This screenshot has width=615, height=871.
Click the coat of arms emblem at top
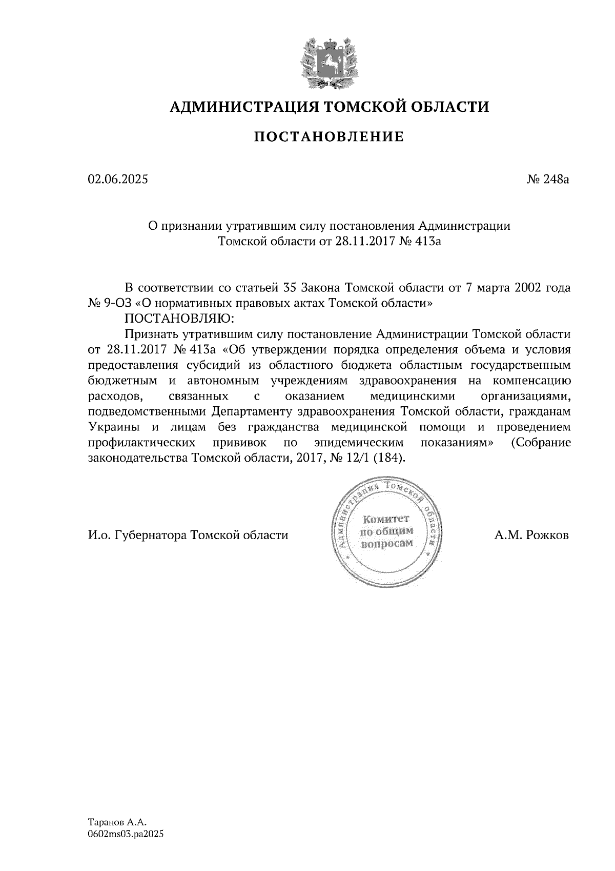coord(329,63)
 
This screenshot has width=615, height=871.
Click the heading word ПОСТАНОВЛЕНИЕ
coord(329,136)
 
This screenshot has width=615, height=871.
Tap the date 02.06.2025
coord(118,179)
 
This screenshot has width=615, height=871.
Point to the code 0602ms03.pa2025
coord(126,835)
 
